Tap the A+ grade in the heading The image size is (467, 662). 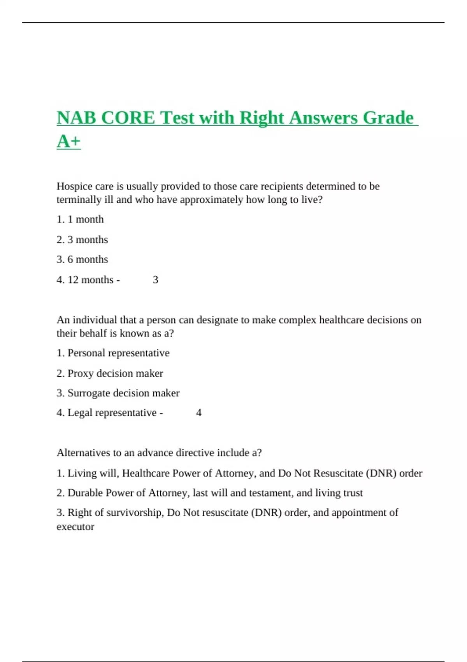tap(68, 141)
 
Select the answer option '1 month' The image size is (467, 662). tap(86, 219)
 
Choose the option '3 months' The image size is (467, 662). tap(88, 239)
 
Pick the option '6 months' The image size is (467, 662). tap(88, 259)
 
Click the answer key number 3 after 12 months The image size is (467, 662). tap(155, 280)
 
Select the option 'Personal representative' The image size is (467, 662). tap(118, 353)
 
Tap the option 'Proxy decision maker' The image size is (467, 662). tap(115, 373)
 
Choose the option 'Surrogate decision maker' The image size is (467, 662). tap(123, 393)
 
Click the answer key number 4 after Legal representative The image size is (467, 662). tap(199, 413)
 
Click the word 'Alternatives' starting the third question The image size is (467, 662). tap(83, 453)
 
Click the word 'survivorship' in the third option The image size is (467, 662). tap(135, 512)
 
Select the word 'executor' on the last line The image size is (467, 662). tap(75, 527)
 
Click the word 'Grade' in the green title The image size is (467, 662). tap(388, 118)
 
